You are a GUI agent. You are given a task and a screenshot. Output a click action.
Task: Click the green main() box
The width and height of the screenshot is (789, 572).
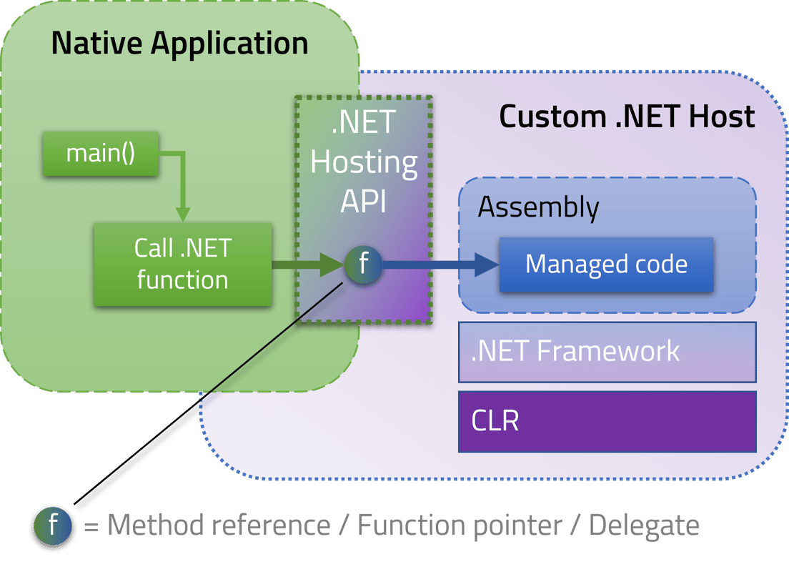click(x=101, y=154)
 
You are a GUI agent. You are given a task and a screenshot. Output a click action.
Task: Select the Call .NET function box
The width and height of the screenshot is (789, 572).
click(x=183, y=264)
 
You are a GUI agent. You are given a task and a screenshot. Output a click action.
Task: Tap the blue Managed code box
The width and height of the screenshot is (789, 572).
click(x=606, y=265)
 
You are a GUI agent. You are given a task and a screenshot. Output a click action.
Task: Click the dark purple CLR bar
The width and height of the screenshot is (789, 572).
click(x=607, y=421)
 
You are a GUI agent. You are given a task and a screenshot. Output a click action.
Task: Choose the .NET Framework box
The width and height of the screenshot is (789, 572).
click(x=607, y=352)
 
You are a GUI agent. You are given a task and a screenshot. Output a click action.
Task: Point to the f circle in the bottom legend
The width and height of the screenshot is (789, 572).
click(x=53, y=526)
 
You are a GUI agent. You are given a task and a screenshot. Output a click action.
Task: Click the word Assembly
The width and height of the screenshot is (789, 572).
click(x=538, y=207)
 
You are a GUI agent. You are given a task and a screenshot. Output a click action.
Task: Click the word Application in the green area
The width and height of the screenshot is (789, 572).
click(x=229, y=44)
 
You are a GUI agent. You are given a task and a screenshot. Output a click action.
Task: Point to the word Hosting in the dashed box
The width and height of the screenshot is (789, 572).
click(x=364, y=163)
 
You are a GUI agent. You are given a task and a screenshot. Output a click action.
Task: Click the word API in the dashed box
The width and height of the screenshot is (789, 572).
click(x=363, y=202)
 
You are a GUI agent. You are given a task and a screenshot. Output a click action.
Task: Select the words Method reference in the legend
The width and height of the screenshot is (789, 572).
click(x=219, y=526)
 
